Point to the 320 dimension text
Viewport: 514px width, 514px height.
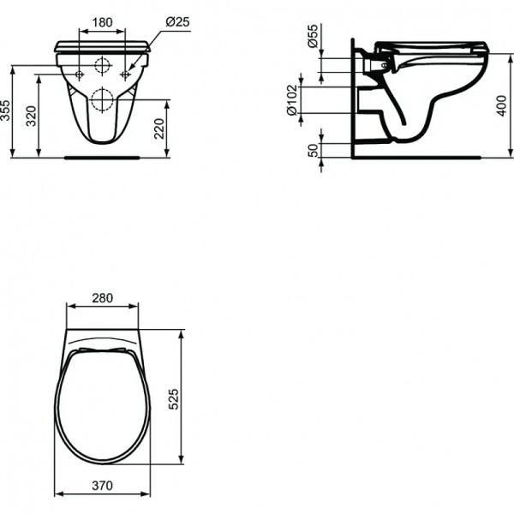33,116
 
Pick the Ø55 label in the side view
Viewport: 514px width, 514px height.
314,38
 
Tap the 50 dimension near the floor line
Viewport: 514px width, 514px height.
314,151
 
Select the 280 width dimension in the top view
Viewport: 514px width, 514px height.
102,298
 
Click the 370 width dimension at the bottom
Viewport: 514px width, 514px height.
102,485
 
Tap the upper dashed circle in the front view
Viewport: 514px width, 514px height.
102,65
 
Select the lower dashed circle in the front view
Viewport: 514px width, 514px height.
102,99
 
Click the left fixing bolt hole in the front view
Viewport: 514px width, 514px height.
79,75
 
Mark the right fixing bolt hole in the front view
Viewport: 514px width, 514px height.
125,75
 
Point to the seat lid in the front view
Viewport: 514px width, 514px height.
102,45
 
